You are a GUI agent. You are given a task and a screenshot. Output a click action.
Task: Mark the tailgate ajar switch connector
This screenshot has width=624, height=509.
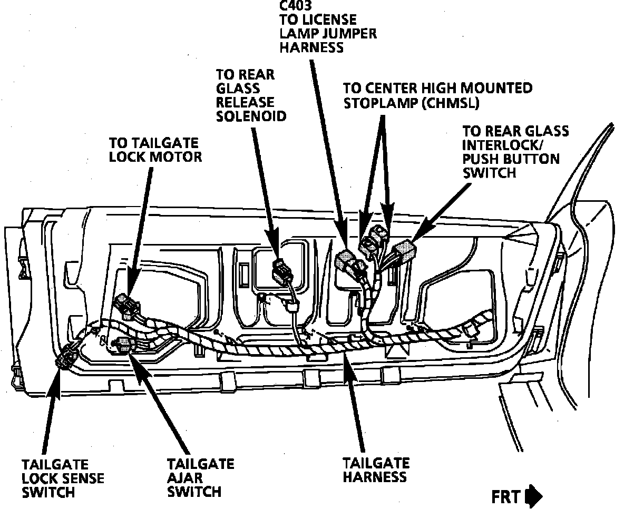(x=125, y=345)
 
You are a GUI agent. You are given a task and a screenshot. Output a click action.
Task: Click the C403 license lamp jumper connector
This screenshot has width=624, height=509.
(x=346, y=261)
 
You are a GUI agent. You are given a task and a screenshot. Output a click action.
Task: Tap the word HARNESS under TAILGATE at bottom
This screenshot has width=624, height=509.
(x=375, y=477)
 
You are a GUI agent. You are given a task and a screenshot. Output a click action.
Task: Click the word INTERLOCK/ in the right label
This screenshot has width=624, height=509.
(x=500, y=145)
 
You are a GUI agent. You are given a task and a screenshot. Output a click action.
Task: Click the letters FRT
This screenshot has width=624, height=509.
(x=506, y=496)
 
